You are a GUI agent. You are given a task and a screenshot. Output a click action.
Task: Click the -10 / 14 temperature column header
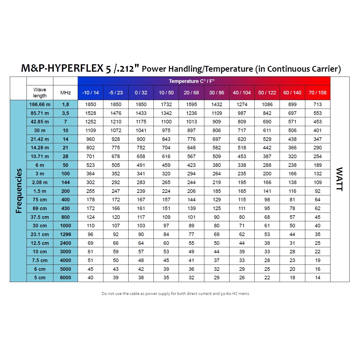click(x=90, y=93)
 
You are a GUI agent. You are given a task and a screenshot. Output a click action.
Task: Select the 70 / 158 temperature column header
click(x=317, y=93)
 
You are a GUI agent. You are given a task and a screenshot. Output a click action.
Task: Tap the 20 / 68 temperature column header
click(x=191, y=93)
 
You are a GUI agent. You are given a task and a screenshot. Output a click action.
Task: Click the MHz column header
click(x=65, y=93)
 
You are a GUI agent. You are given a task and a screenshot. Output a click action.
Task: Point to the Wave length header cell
click(x=40, y=93)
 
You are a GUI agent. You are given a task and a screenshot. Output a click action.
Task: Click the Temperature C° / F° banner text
click(x=191, y=81)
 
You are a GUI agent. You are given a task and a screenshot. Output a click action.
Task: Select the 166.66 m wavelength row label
click(x=40, y=104)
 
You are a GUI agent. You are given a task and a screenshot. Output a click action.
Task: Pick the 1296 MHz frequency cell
click(x=65, y=234)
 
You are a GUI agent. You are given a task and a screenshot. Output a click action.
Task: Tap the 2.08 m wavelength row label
click(x=40, y=182)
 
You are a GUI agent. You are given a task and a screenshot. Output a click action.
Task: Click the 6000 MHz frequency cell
click(x=65, y=278)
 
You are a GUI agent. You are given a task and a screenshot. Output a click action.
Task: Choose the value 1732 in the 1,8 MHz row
click(x=166, y=104)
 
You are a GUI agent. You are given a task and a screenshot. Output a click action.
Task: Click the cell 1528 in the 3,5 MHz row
click(x=90, y=113)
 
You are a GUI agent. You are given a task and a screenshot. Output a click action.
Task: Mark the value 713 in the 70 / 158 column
click(x=317, y=104)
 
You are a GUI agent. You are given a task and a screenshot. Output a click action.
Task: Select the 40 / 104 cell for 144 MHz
click(x=242, y=182)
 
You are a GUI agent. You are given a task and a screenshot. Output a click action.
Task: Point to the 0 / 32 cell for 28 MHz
click(x=141, y=156)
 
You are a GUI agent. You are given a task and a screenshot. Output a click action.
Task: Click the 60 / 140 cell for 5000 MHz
click(x=292, y=269)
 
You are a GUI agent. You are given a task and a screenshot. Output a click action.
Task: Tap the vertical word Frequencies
click(x=19, y=191)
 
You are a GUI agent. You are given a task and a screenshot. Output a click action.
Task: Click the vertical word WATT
click(x=339, y=179)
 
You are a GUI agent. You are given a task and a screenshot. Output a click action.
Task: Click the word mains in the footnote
click(x=244, y=294)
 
